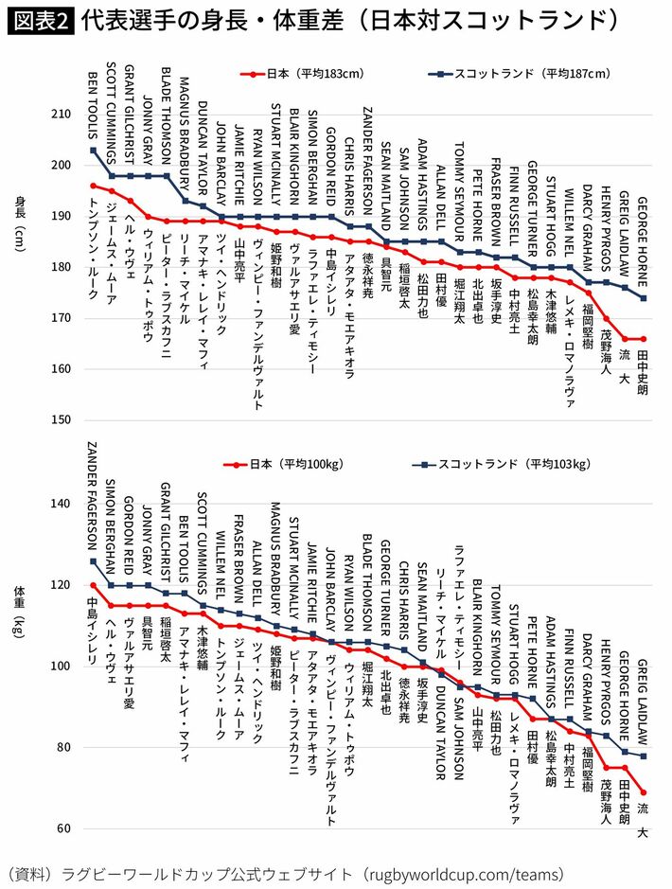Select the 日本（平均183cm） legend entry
pyautogui.click(x=301, y=73)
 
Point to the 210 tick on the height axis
pyautogui.click(x=61, y=115)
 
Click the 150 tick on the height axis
pyautogui.click(x=61, y=419)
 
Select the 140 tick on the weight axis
pyautogui.click(x=61, y=504)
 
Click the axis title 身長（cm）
pyautogui.click(x=20, y=224)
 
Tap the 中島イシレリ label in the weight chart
pyautogui.click(x=93, y=629)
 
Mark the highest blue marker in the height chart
pyautogui.click(x=93, y=151)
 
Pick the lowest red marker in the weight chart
pyautogui.click(x=644, y=792)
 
